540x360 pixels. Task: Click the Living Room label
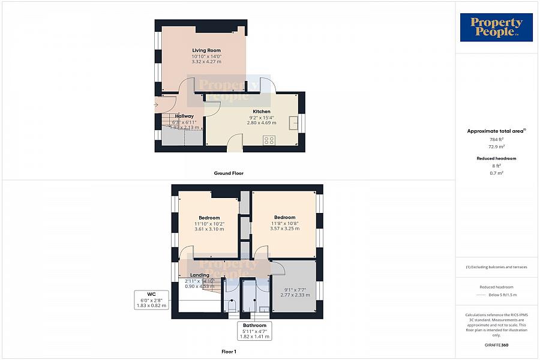click(x=206, y=50)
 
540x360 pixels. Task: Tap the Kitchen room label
click(x=262, y=112)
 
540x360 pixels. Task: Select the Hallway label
click(x=184, y=116)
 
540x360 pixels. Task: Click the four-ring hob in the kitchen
click(x=269, y=140)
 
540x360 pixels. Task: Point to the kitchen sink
click(x=294, y=122)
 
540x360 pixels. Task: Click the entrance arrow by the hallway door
click(x=157, y=106)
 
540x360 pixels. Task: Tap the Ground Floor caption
click(x=229, y=173)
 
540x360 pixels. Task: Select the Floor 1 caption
click(x=229, y=352)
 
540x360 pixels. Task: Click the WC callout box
click(x=151, y=299)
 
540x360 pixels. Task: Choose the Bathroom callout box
click(x=254, y=331)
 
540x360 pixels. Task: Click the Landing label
click(x=200, y=275)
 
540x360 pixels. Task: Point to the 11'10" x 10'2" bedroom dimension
click(x=209, y=224)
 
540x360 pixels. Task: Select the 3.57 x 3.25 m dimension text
click(x=284, y=229)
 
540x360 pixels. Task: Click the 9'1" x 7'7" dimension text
click(x=295, y=290)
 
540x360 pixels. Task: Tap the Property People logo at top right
click(x=496, y=28)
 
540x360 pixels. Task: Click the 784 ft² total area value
click(x=496, y=139)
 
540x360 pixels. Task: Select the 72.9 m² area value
click(x=496, y=146)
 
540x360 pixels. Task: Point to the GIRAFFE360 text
click(x=496, y=345)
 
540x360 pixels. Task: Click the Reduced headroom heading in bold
click(x=496, y=158)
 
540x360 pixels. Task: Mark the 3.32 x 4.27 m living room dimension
click(x=206, y=62)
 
